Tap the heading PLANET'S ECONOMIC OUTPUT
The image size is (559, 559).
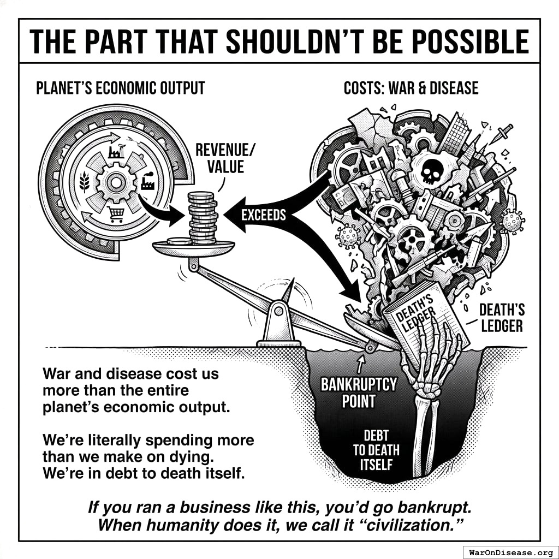[x=120, y=88]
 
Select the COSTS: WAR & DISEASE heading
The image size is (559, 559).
[x=411, y=88]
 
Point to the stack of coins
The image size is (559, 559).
[x=203, y=218]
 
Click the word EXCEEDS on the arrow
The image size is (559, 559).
[x=263, y=215]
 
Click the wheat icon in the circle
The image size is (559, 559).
[x=85, y=180]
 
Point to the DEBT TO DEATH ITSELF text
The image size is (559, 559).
[x=376, y=450]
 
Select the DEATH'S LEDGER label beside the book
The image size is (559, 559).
[x=501, y=318]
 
